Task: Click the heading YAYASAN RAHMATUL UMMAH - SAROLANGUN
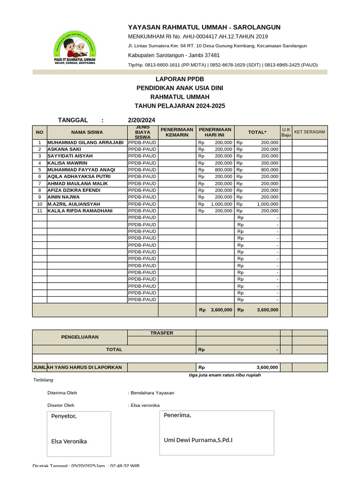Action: pos(204,27)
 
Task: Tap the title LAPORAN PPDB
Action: pos(180,79)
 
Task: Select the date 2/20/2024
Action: pos(141,120)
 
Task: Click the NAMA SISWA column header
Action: pos(87,132)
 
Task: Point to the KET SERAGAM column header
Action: pos(309,132)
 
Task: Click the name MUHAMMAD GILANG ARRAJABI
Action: pos(85,142)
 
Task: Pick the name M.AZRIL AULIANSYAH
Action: pos(74,204)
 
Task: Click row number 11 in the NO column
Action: pos(40,211)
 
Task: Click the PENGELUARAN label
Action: pos(80,337)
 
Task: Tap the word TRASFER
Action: pos(161,333)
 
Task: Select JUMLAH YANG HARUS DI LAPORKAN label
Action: pos(77,367)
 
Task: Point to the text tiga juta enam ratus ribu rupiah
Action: pos(225,375)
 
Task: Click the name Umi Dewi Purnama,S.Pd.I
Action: pos(198,440)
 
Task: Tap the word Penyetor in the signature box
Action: pos(63,416)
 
